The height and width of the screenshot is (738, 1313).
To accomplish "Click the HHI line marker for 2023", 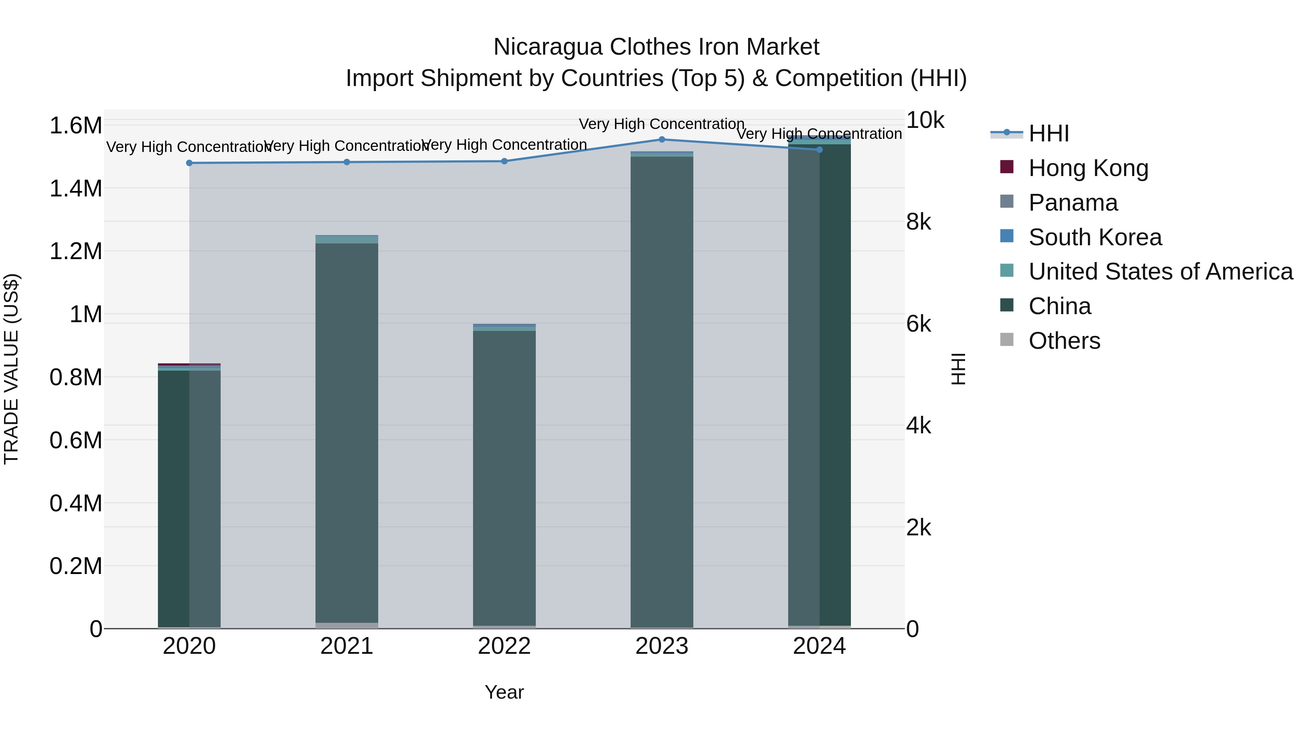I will click(x=662, y=139).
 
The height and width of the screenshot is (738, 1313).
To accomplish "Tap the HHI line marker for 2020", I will click(x=189, y=163).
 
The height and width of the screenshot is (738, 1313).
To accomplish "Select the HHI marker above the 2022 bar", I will click(x=504, y=161).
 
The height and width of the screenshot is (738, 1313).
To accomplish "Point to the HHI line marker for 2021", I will click(x=346, y=162).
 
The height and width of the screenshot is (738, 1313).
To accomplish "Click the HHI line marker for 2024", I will click(x=819, y=150).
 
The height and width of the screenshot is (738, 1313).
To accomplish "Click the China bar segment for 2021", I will click(x=346, y=433).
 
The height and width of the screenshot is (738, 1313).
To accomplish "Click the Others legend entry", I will click(x=1064, y=341).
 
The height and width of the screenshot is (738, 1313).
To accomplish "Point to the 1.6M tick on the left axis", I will click(x=75, y=125).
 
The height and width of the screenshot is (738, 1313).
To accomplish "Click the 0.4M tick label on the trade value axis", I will click(x=75, y=503).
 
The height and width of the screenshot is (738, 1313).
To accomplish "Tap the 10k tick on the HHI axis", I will click(x=925, y=120).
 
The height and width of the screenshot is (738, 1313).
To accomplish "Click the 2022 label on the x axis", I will click(x=504, y=646).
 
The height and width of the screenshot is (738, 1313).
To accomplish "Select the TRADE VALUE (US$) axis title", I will click(x=11, y=369).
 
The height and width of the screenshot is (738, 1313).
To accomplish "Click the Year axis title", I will click(x=504, y=692).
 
